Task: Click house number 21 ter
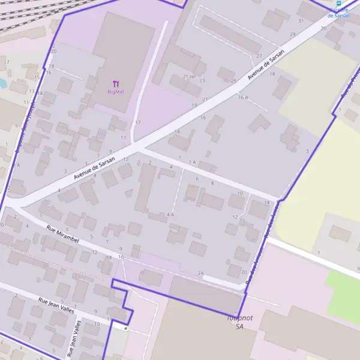(189, 76)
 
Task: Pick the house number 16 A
(242, 97)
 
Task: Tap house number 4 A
(170, 214)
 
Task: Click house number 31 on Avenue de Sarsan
(301, 21)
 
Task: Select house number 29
(292, 34)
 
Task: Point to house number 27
(259, 56)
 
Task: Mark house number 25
(234, 80)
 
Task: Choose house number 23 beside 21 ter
(202, 80)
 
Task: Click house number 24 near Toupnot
(200, 273)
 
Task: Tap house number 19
(194, 105)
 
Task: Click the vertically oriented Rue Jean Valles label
(77, 338)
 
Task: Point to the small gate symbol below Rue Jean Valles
(126, 328)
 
